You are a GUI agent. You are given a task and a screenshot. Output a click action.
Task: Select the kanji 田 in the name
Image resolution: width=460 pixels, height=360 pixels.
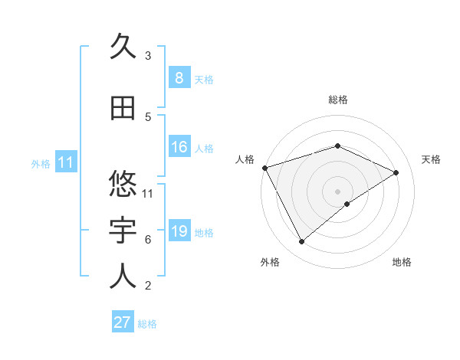point(123,108)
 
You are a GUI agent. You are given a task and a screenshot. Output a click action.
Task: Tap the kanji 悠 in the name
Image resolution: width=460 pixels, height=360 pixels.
point(123,185)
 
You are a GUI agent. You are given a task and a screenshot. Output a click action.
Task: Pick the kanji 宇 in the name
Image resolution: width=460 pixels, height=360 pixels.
point(123,231)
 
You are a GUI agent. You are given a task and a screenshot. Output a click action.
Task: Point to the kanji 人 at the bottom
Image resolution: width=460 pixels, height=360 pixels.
point(123,277)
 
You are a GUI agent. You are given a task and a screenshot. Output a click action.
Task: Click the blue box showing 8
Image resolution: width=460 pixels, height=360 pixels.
point(179,77)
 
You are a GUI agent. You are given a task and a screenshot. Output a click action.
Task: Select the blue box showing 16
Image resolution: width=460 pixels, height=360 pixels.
point(179,147)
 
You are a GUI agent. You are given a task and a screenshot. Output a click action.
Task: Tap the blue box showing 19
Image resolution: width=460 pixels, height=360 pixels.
point(179,231)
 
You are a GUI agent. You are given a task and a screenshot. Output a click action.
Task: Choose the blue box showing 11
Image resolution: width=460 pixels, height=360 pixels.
point(65,162)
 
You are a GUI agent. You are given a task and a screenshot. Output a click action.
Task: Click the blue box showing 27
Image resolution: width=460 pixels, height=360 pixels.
point(123,322)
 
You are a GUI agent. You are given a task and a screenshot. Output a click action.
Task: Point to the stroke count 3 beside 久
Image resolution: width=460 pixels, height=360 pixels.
point(148,55)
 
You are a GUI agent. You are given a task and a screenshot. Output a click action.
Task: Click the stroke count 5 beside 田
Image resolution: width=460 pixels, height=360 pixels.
point(148,116)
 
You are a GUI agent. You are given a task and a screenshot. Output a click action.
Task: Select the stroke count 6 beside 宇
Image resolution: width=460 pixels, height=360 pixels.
point(148,240)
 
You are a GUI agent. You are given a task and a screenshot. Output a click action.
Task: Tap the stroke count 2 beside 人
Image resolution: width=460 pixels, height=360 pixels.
point(148,286)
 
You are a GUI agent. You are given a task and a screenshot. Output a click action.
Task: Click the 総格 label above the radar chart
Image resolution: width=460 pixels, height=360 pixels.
point(337,100)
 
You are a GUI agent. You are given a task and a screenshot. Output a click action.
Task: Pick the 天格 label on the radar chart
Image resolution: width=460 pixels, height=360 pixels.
point(431,159)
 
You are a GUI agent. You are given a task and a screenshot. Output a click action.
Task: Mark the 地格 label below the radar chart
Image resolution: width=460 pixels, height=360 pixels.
point(402,263)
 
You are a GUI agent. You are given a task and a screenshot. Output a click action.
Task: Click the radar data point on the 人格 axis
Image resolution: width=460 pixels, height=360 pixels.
point(264,167)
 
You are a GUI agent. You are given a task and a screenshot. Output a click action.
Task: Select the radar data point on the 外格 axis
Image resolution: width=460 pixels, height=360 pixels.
point(301,242)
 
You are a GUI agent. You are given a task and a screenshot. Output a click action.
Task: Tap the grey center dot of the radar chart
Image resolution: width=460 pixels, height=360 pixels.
point(337,191)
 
